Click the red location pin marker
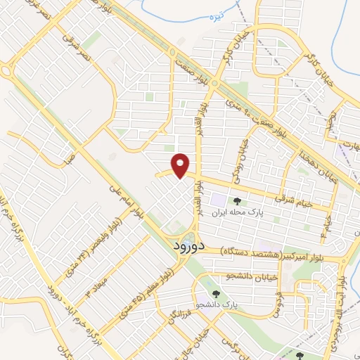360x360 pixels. [x=181, y=165]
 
